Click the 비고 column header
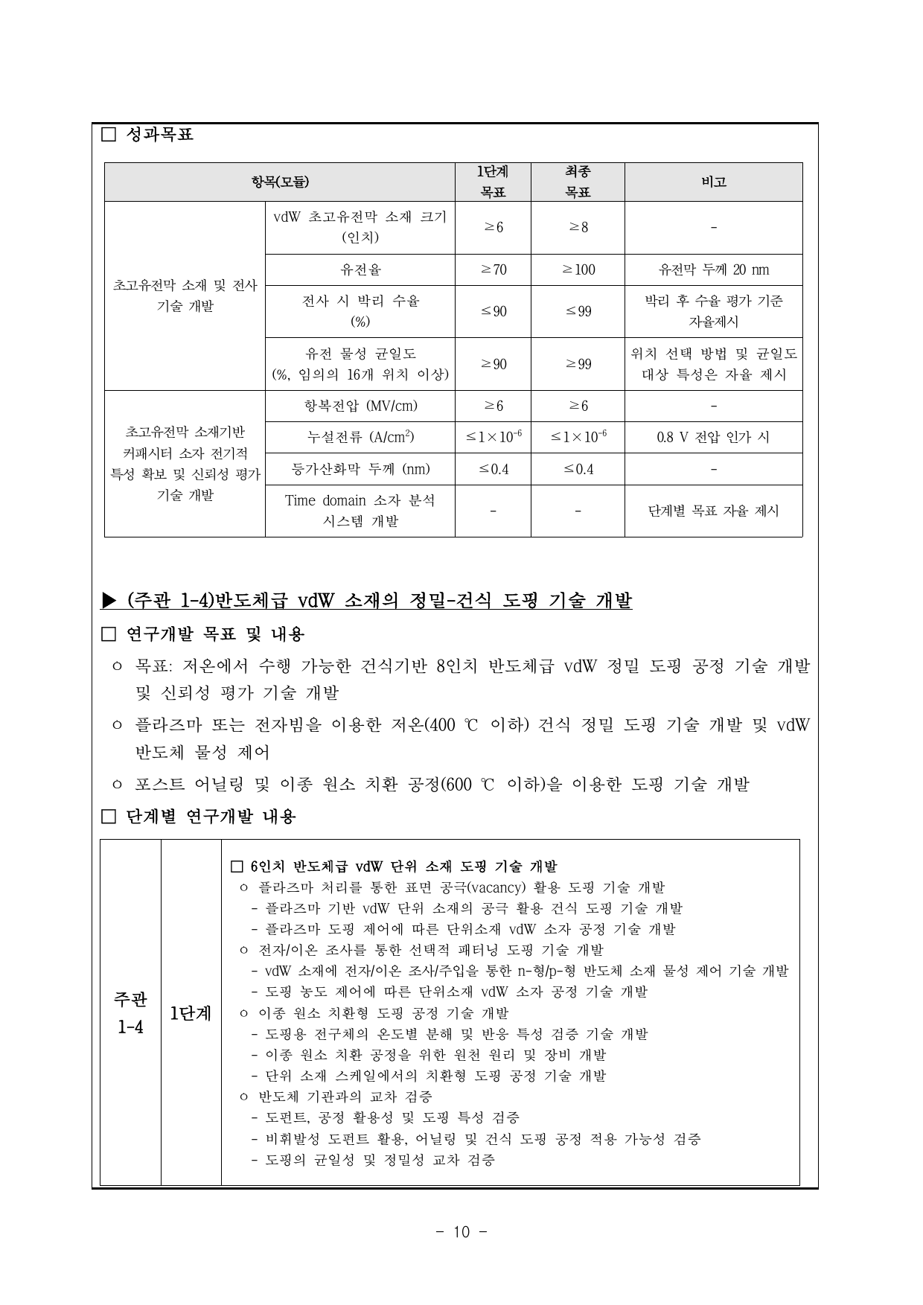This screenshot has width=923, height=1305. (713, 182)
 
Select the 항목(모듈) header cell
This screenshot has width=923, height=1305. (279, 182)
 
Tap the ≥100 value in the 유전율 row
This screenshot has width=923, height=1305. (578, 269)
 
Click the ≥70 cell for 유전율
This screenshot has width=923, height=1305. (493, 269)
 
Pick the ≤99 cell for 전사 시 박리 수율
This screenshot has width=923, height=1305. (578, 311)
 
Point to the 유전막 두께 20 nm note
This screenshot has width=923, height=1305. (713, 269)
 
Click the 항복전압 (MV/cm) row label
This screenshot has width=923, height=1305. (360, 406)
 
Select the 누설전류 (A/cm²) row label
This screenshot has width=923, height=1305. (360, 437)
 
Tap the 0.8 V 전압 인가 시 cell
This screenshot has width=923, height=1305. (713, 437)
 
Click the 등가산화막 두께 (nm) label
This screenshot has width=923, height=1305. (360, 469)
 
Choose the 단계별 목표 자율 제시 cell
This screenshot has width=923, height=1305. (713, 511)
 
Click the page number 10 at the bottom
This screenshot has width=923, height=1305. (461, 1232)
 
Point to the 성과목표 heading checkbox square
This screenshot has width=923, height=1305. (109, 135)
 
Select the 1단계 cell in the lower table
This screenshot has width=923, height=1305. (191, 1012)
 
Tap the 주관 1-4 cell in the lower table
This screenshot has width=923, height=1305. (130, 1012)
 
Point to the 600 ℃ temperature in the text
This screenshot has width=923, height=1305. (467, 784)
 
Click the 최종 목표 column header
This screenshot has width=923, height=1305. (578, 182)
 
